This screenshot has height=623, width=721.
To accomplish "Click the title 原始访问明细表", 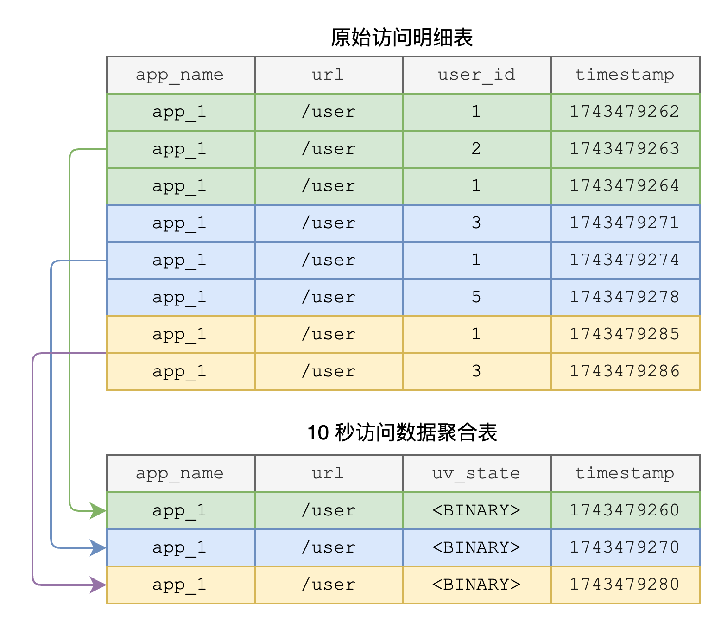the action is coord(401,38).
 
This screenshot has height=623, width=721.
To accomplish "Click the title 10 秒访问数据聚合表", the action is coord(402,432).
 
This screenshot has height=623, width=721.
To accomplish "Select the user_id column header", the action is coord(476,75).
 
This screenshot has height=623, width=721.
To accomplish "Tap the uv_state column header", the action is coord(476,473).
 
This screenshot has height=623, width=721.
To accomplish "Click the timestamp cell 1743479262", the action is coord(625,112).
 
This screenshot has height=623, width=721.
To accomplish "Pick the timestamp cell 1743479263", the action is coord(625,149).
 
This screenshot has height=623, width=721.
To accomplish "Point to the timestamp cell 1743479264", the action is coord(625,186).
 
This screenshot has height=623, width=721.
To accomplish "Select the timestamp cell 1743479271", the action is coord(625,222).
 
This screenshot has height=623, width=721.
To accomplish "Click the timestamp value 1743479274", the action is coord(625,260).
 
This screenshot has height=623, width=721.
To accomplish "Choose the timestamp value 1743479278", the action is coord(625,297).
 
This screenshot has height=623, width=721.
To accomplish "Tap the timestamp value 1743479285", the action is coord(625,334).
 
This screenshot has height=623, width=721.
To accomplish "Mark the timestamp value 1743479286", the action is coord(625,371).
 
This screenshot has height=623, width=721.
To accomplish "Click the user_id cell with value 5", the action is coord(476,297).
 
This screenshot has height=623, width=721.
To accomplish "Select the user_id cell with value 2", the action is coord(476,149).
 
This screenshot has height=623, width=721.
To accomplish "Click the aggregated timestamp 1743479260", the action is coord(625,510).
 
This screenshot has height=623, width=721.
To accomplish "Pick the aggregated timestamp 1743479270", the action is coord(625,547).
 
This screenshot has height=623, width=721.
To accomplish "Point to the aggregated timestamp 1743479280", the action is coord(625,584).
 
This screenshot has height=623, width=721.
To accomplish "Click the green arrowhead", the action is coord(98,511).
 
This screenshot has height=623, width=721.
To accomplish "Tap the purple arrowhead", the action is coord(98,585).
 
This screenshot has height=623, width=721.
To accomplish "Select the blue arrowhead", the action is coord(98,547).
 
